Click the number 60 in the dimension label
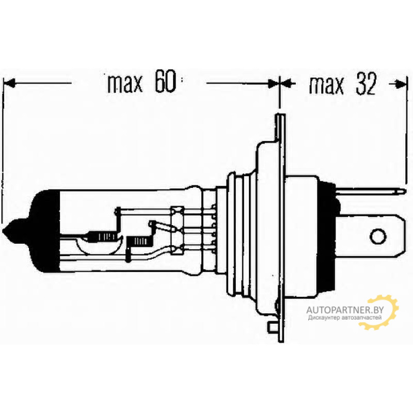pyautogui.click(x=165, y=81)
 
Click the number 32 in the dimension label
pyautogui.click(x=366, y=84)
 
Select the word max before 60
pyautogui.click(x=125, y=84)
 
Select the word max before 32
pyautogui.click(x=326, y=85)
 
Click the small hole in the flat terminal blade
pyautogui.click(x=378, y=236)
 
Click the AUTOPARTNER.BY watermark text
pyautogui.click(x=345, y=310)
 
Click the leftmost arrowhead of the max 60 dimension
pyautogui.click(x=8, y=83)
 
